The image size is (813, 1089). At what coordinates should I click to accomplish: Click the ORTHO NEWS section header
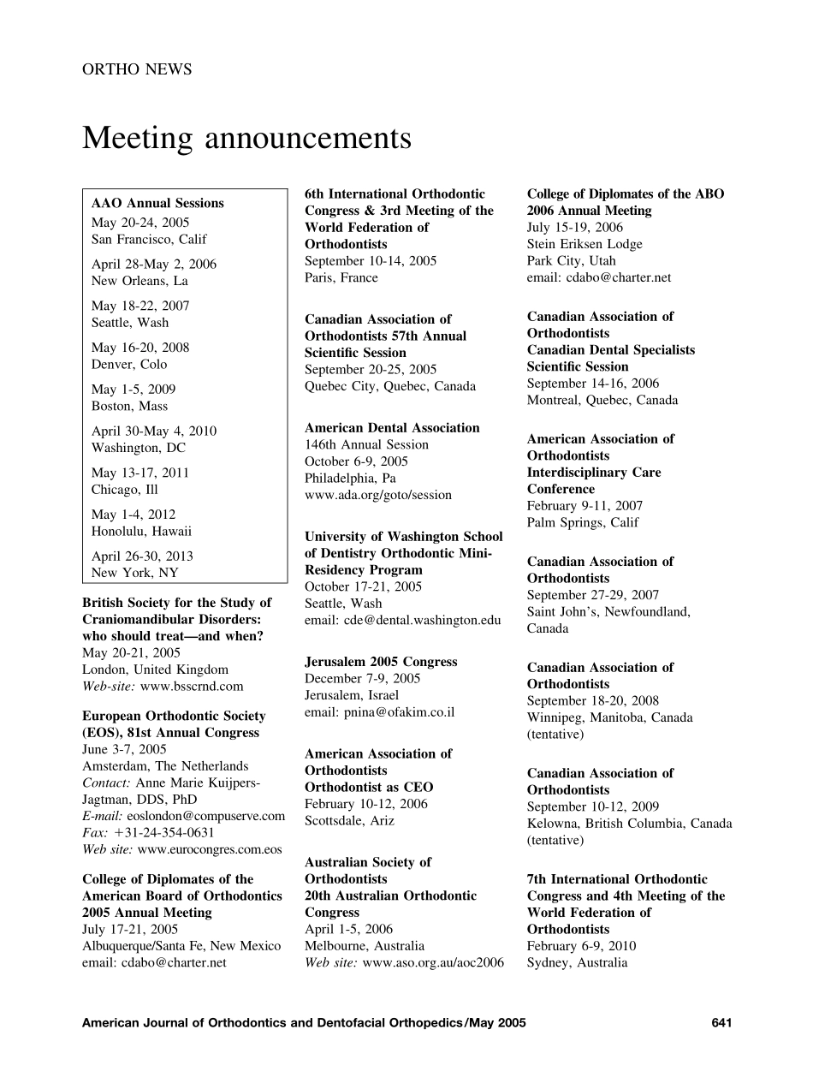pyautogui.click(x=137, y=69)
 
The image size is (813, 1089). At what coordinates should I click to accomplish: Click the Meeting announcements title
pyautogui.click(x=246, y=138)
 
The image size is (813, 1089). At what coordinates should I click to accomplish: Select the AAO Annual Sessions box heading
pyautogui.click(x=157, y=203)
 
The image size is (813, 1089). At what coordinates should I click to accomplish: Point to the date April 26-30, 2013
pyautogui.click(x=142, y=556)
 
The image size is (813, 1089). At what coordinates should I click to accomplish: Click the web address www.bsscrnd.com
pyautogui.click(x=192, y=686)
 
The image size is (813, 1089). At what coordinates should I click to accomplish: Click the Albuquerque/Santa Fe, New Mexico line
pyautogui.click(x=181, y=945)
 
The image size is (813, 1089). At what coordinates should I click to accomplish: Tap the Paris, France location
pyautogui.click(x=341, y=277)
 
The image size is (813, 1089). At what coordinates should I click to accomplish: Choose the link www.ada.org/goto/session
pyautogui.click(x=378, y=495)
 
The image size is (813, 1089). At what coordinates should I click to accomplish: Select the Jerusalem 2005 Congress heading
pyautogui.click(x=381, y=662)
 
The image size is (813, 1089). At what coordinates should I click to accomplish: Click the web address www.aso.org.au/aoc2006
pyautogui.click(x=433, y=962)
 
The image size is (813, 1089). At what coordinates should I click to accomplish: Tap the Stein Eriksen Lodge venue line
pyautogui.click(x=585, y=244)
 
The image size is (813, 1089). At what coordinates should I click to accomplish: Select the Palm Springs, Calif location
pyautogui.click(x=583, y=522)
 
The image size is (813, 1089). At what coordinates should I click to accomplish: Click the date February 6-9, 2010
pyautogui.click(x=581, y=946)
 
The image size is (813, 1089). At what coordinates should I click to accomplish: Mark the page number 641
pyautogui.click(x=721, y=1022)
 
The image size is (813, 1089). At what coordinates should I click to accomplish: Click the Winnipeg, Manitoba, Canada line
pyautogui.click(x=609, y=717)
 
